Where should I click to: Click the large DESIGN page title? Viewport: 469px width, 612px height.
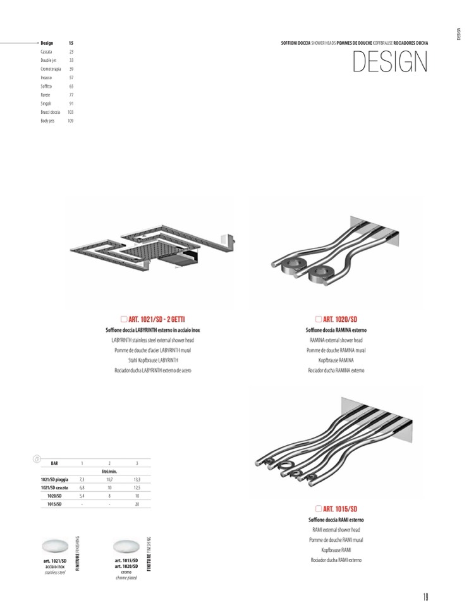click(x=389, y=61)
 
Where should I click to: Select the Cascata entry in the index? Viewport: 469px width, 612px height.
click(x=47, y=51)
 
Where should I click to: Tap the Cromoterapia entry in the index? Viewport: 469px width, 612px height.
click(x=50, y=68)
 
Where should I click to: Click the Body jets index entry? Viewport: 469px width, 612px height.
click(x=47, y=120)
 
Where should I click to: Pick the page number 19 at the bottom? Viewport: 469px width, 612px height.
click(x=426, y=596)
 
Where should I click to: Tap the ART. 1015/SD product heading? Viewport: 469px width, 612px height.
click(x=340, y=509)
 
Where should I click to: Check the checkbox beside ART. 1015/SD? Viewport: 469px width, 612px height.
click(x=318, y=509)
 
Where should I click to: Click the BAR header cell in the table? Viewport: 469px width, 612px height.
click(x=54, y=463)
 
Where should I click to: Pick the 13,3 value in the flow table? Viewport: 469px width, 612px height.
click(x=137, y=480)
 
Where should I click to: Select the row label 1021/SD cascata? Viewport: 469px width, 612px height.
click(x=55, y=488)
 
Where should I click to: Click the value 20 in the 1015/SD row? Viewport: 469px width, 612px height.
click(x=137, y=505)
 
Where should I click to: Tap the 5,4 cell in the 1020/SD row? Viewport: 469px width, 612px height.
click(x=82, y=496)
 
